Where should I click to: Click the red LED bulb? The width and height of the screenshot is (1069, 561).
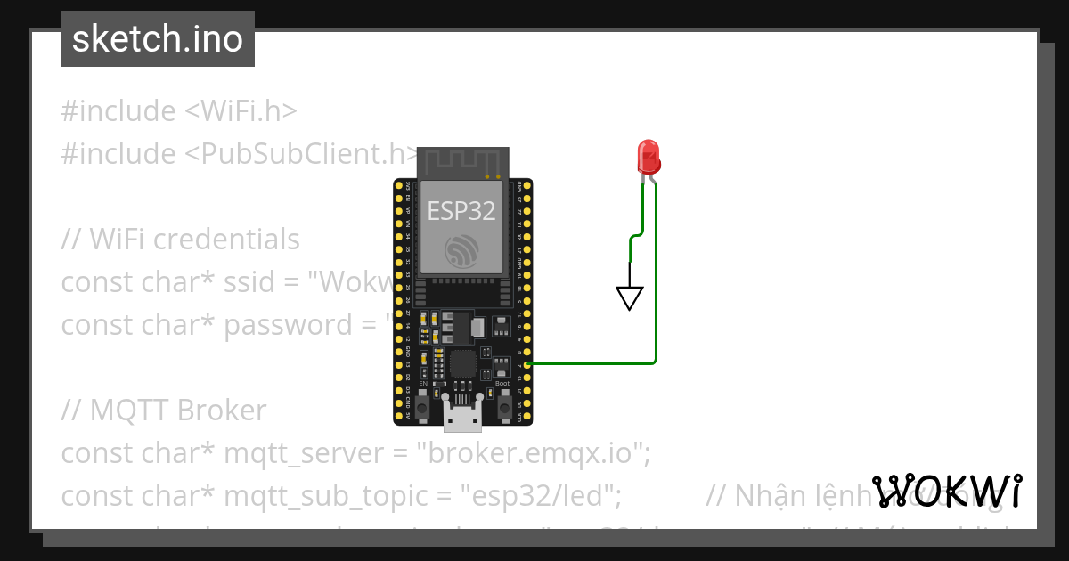(x=649, y=156)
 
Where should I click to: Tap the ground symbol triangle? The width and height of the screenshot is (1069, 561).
(x=630, y=297)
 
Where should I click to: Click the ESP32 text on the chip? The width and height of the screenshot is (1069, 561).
(x=461, y=210)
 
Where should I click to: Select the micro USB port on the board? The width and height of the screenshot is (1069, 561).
(x=462, y=414)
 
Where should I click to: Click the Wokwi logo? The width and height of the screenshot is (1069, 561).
(x=947, y=491)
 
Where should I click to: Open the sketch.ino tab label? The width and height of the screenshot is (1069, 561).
(x=158, y=39)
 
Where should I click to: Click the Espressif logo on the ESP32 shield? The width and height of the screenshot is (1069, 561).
(x=462, y=250)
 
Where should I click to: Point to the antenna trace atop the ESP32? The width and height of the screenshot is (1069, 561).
(x=462, y=163)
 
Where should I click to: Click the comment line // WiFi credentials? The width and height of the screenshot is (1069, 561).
(x=181, y=240)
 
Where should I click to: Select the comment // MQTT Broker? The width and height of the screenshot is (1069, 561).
(x=164, y=411)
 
